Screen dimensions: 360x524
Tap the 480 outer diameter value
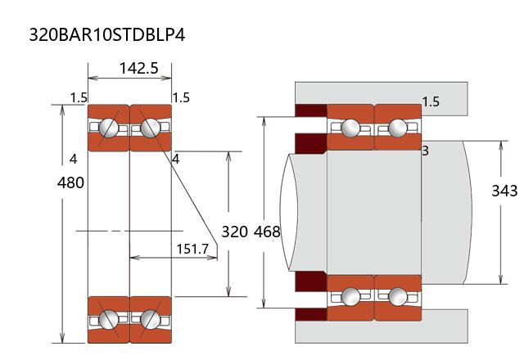pyautogui.click(x=70, y=182)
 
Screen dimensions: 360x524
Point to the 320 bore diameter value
pyautogui.click(x=234, y=232)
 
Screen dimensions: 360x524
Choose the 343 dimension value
pyautogui.click(x=504, y=191)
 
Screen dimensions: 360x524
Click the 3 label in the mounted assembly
pyautogui.click(x=426, y=151)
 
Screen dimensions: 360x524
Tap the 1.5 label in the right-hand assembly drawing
pyautogui.click(x=431, y=101)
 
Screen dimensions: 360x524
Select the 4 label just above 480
pyautogui.click(x=74, y=158)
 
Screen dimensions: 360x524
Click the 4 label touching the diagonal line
pyautogui.click(x=175, y=158)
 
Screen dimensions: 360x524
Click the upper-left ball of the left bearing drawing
pyautogui.click(x=108, y=128)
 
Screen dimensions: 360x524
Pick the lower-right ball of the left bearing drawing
pyautogui.click(x=150, y=318)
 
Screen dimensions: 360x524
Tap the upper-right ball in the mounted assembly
pyautogui.click(x=398, y=128)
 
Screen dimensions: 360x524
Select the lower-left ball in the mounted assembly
pyautogui.click(x=350, y=295)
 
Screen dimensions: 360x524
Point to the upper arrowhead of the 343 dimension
pyautogui.click(x=500, y=145)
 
